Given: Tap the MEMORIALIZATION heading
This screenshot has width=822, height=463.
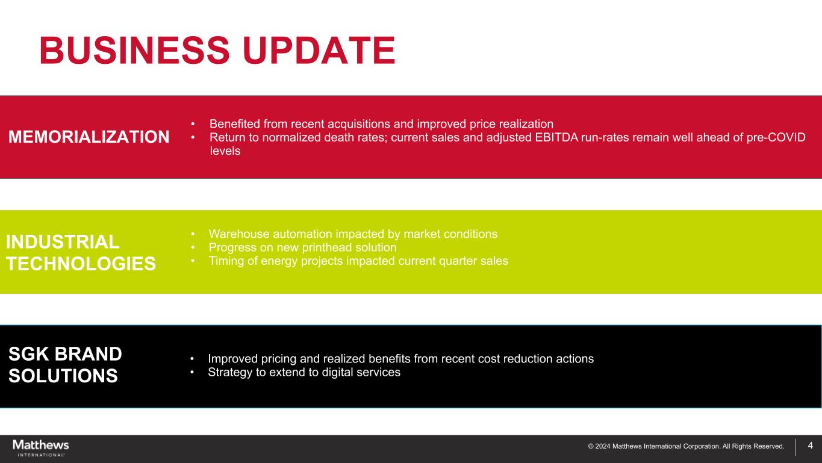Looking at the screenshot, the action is pyautogui.click(x=89, y=137).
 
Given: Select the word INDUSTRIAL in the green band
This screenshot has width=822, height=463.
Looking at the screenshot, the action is pyautogui.click(x=63, y=242).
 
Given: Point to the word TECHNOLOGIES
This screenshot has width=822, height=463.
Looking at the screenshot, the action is pyautogui.click(x=81, y=264).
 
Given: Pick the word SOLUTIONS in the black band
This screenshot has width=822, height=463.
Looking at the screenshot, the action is pyautogui.click(x=63, y=376).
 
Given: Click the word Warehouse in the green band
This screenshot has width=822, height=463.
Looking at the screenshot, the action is pyautogui.click(x=239, y=234).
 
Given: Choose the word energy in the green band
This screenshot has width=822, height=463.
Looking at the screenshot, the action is pyautogui.click(x=275, y=261).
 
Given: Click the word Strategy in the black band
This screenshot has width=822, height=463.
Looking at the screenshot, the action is pyautogui.click(x=230, y=372).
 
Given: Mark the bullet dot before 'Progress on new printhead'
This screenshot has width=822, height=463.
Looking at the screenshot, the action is pyautogui.click(x=193, y=247).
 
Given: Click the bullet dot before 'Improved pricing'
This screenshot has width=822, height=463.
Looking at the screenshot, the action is pyautogui.click(x=192, y=359).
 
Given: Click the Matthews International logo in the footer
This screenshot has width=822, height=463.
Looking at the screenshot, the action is pyautogui.click(x=41, y=448).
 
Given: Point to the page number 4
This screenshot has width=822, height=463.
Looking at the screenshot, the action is pyautogui.click(x=811, y=446).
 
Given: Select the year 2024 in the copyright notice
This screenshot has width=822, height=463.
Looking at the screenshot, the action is pyautogui.click(x=603, y=447).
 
